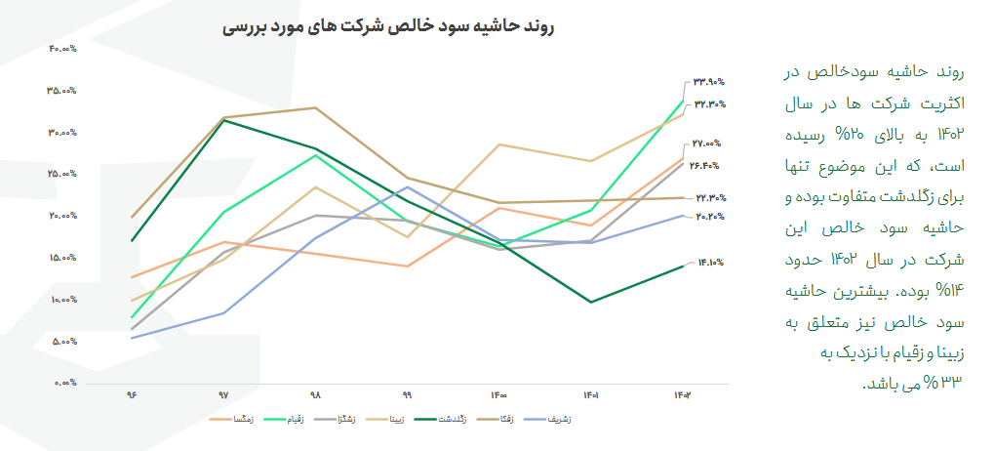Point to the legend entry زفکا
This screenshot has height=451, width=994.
(507, 420)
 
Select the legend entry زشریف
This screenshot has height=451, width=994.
(557, 420)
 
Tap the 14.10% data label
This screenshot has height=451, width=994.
(709, 262)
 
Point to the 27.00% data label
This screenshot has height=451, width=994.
(707, 143)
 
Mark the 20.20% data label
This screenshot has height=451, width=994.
(709, 217)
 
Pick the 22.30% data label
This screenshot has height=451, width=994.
(709, 197)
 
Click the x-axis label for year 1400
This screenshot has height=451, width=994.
(498, 396)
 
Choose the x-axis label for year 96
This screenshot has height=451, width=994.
(131, 396)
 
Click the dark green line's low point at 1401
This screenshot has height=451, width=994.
(590, 303)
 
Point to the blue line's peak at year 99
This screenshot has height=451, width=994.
(407, 186)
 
